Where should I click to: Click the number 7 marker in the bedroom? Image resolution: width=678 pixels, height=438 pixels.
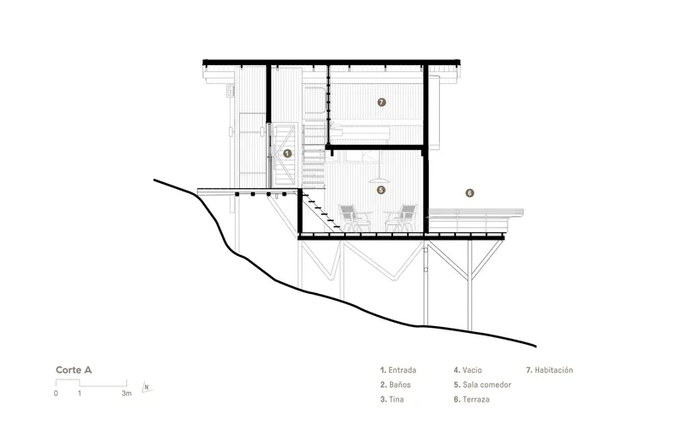(x=381, y=103)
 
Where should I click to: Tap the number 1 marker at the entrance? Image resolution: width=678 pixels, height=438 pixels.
(x=287, y=153)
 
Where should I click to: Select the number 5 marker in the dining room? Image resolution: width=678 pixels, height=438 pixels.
(x=381, y=190)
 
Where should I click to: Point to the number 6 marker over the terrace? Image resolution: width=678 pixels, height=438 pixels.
(x=470, y=193)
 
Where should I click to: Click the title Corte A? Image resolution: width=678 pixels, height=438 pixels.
(x=74, y=369)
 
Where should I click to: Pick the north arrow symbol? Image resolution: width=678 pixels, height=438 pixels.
(x=147, y=387)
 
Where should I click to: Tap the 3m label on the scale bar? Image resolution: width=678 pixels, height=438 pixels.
(x=126, y=393)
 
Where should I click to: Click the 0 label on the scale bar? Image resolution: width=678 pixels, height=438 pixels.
(x=56, y=393)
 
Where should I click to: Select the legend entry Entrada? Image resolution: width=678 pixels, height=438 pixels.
(x=398, y=370)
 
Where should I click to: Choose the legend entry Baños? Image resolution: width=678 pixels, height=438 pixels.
(x=396, y=385)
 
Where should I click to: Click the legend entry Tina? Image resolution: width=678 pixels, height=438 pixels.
(x=392, y=399)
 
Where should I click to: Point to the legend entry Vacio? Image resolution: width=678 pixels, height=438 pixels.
(x=468, y=370)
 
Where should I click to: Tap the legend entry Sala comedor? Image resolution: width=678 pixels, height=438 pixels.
(x=482, y=385)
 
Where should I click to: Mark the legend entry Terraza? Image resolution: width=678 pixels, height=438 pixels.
(x=472, y=399)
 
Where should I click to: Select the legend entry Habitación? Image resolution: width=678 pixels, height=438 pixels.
(x=549, y=370)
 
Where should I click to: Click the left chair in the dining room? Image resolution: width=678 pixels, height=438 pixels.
(x=355, y=219)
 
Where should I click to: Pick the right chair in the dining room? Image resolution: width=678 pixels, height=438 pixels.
(x=401, y=219)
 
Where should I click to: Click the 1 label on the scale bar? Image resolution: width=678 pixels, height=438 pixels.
(x=80, y=393)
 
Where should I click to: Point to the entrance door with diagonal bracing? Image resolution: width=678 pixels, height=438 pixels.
(x=286, y=153)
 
